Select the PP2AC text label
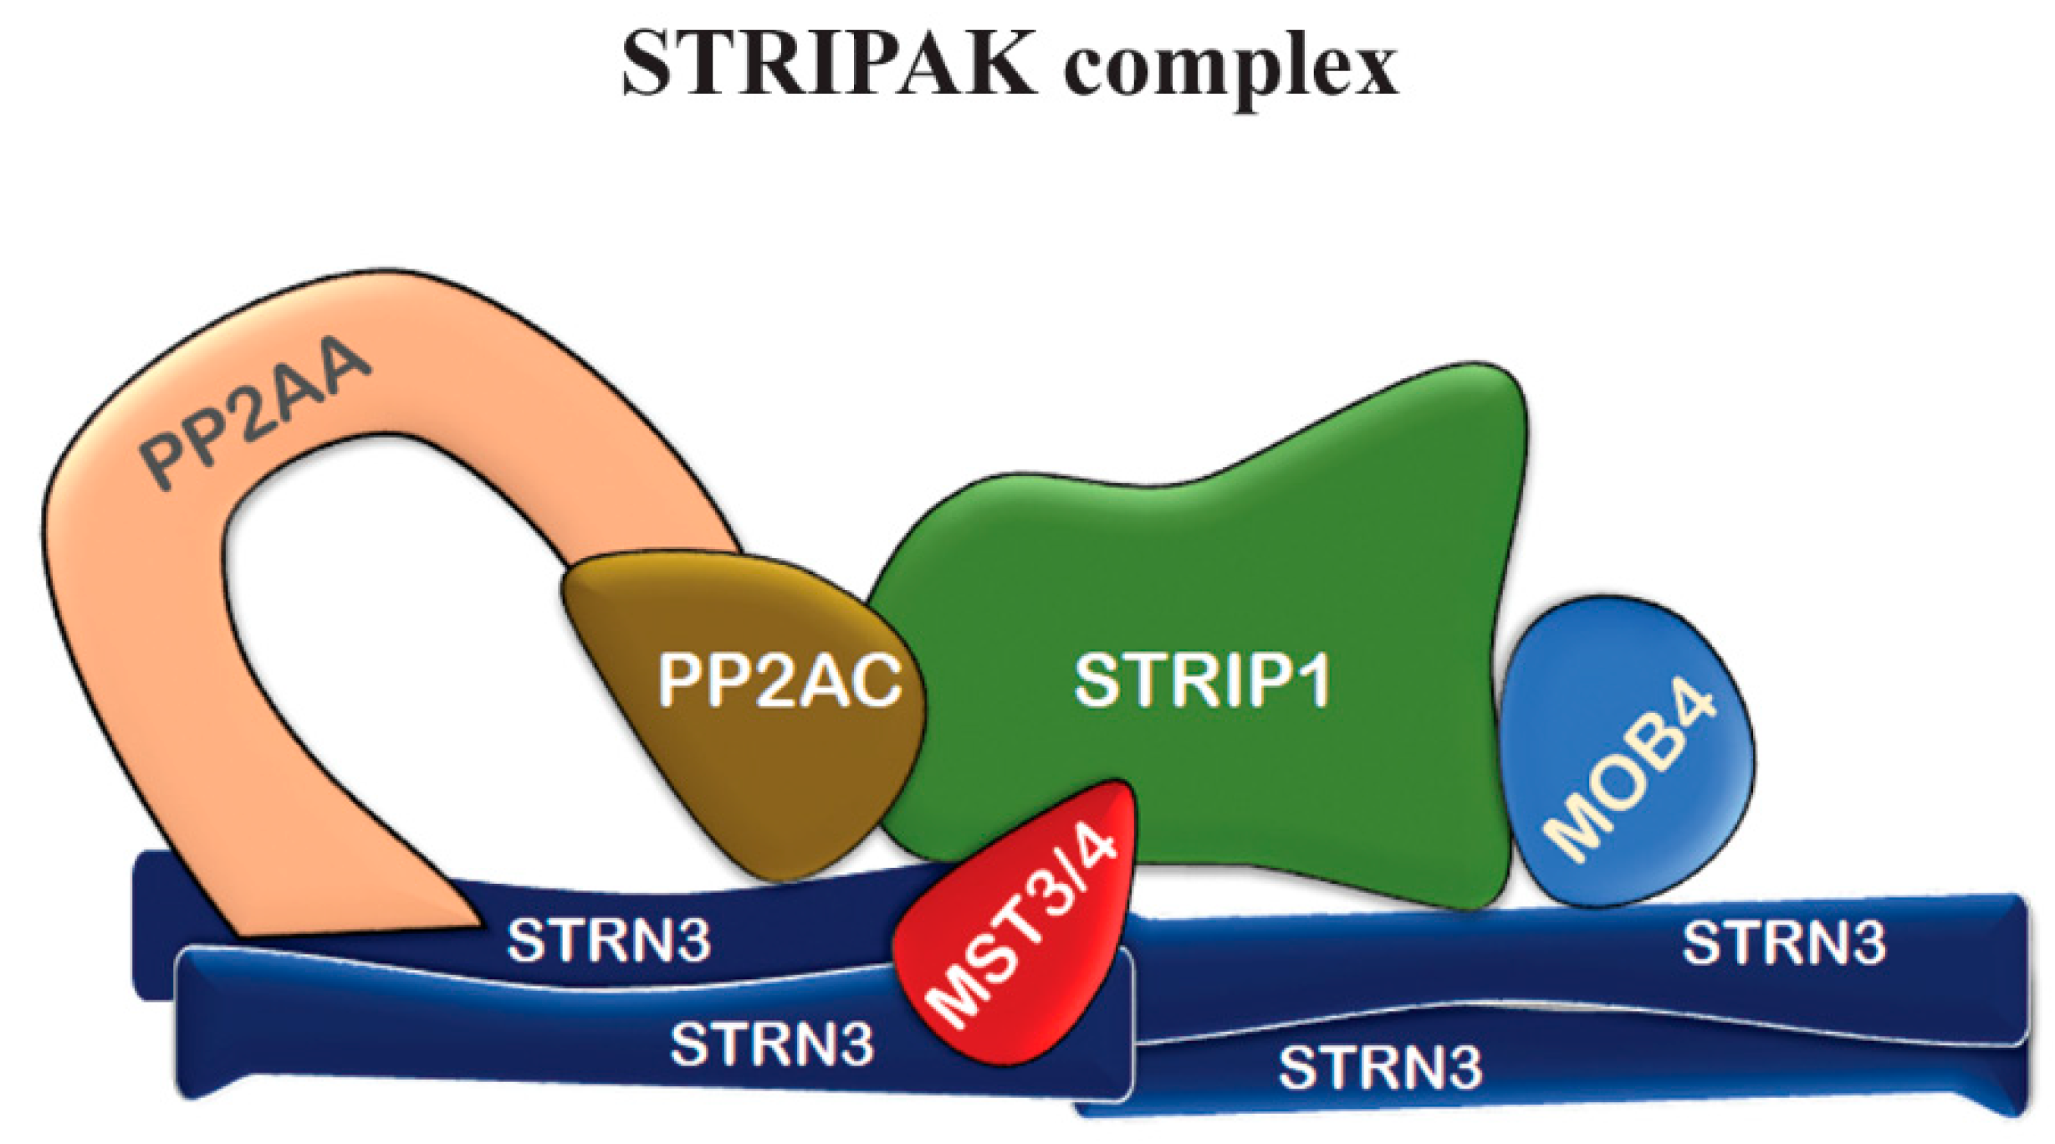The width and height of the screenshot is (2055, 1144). click(x=780, y=680)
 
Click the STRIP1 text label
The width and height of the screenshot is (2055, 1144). click(x=1202, y=681)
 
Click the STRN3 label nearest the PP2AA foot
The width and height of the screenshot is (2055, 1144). click(x=609, y=941)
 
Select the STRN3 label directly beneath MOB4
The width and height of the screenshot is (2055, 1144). click(x=1784, y=943)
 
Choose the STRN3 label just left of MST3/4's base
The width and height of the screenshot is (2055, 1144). click(x=772, y=1044)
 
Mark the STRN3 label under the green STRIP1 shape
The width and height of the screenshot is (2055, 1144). click(x=1380, y=1068)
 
